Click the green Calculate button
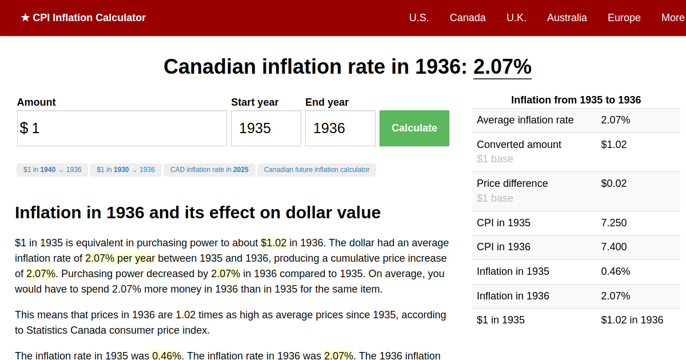pos(414,128)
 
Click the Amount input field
pos(122,128)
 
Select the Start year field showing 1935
pos(266,128)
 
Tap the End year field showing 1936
pos(340,128)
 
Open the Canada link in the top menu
pos(468,18)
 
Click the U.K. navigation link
pos(516,18)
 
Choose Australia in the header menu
pos(567,18)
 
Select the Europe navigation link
pos(624,18)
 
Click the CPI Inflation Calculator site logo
pos(83,18)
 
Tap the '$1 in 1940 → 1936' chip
pos(53,170)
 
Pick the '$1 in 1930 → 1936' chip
pos(126,170)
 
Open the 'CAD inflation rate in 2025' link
pos(209,170)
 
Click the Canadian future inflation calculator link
pos(317,170)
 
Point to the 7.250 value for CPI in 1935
pos(614,223)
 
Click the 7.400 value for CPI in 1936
pos(614,247)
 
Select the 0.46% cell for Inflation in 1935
pos(615,271)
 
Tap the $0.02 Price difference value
pos(614,183)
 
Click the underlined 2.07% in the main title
pos(502,67)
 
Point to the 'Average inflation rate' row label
pos(525,120)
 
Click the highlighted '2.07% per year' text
pos(120,258)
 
